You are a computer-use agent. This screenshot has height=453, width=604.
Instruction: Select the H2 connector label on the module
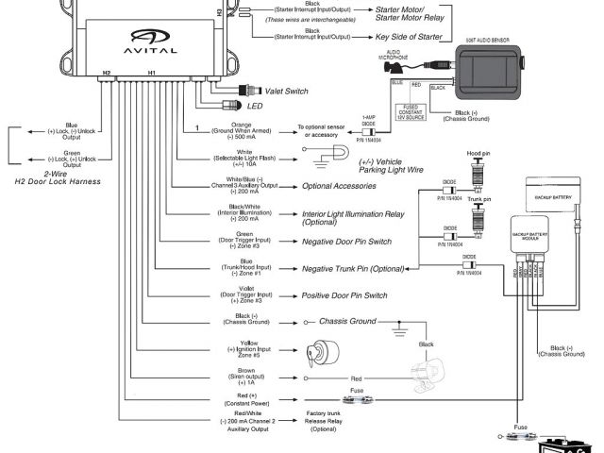[107, 73]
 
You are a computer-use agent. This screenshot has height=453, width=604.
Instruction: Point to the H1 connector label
[152, 73]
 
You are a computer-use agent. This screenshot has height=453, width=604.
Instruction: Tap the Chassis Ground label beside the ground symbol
[348, 322]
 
